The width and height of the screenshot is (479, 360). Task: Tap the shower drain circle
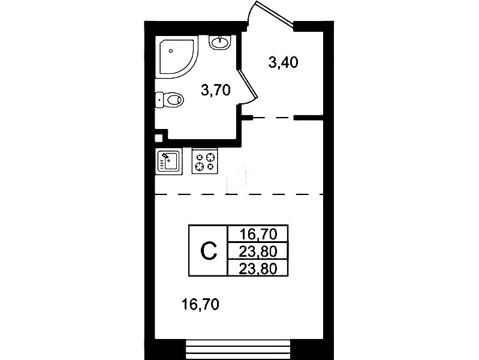(x=171, y=51)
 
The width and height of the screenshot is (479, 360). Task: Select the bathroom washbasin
(x=219, y=42)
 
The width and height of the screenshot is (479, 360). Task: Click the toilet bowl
(x=173, y=100)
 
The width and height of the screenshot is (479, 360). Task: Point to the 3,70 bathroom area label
(x=216, y=91)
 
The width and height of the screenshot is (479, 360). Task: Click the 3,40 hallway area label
(x=283, y=63)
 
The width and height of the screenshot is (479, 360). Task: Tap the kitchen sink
(x=169, y=161)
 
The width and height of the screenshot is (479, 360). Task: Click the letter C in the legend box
(x=209, y=251)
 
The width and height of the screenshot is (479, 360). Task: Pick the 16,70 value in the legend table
(x=258, y=235)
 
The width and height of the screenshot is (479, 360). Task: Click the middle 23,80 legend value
(x=258, y=252)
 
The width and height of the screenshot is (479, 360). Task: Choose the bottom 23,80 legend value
(x=258, y=269)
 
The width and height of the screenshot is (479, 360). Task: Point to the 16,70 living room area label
(x=200, y=305)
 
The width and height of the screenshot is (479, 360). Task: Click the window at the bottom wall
(x=238, y=349)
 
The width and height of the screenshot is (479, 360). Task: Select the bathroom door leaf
(x=248, y=85)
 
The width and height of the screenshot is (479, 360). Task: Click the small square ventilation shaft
(x=158, y=138)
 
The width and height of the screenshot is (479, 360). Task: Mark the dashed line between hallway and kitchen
(x=273, y=118)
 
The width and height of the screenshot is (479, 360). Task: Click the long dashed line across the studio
(x=239, y=194)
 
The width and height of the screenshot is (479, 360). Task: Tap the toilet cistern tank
(x=160, y=100)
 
